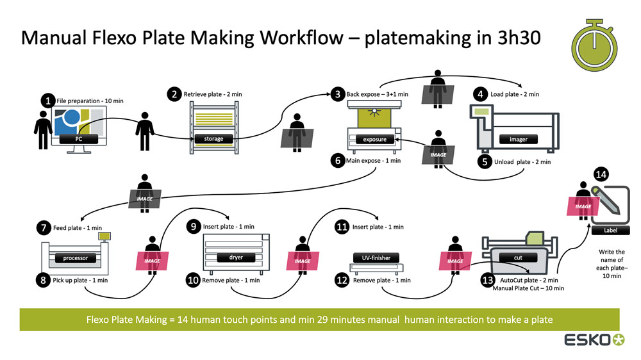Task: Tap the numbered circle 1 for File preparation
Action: click(48, 101)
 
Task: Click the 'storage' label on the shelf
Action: click(213, 138)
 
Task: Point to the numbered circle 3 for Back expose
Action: click(338, 95)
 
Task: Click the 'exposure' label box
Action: click(375, 139)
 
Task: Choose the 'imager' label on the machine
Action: click(518, 139)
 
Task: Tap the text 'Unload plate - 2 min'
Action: click(522, 162)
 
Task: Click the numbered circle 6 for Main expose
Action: click(338, 161)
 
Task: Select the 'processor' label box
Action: click(75, 258)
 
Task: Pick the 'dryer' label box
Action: click(235, 258)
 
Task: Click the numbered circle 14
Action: click(601, 174)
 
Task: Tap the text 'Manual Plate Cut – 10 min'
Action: click(528, 289)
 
